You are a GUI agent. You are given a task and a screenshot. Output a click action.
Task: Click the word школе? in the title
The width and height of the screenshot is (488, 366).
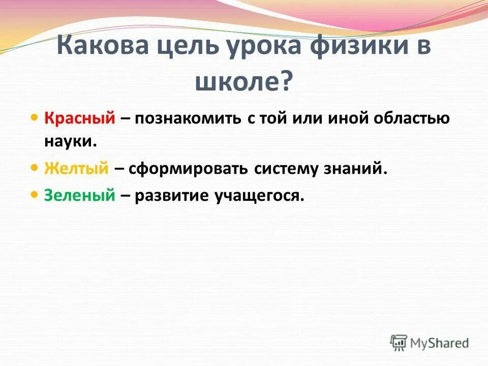(x=244, y=81)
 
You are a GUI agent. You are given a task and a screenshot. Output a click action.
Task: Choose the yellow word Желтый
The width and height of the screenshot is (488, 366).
(x=76, y=169)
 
